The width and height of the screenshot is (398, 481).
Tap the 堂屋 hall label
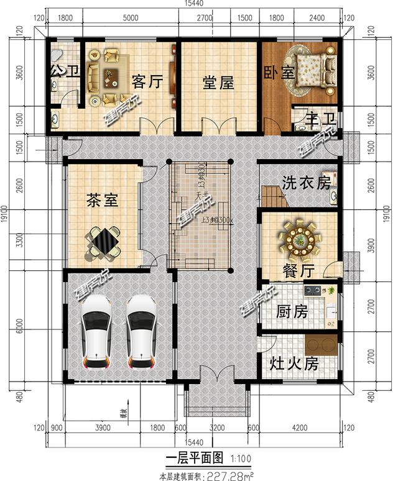coord(218,82)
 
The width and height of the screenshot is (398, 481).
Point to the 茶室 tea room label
coord(102,200)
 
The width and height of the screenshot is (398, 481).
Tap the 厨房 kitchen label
coord(292,311)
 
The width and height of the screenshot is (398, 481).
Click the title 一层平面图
coord(194,459)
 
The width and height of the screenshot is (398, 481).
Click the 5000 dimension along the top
coord(131,18)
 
